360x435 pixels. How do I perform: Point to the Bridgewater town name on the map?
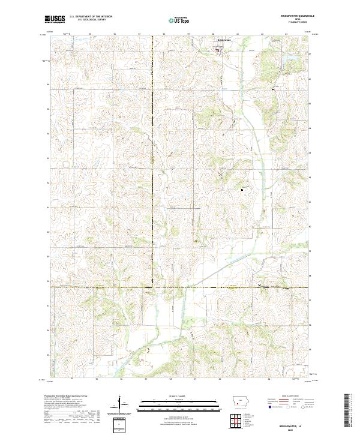pos(223,41)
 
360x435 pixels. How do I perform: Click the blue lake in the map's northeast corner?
pos(266,64)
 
